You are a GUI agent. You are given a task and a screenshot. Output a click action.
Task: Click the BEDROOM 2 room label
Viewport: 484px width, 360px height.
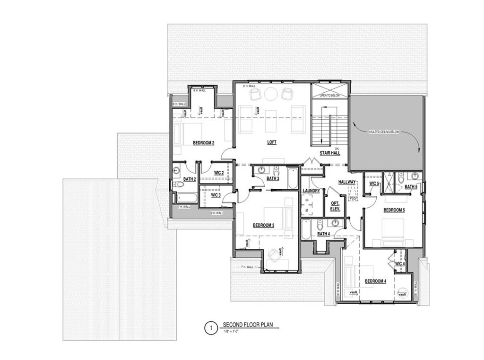tap(204, 142)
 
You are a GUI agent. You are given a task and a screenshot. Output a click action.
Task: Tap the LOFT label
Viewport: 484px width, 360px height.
tap(271, 142)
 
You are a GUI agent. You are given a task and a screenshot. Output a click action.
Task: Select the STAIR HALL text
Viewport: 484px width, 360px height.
tap(330, 153)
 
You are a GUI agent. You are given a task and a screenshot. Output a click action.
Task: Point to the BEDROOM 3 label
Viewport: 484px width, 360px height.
tap(264, 225)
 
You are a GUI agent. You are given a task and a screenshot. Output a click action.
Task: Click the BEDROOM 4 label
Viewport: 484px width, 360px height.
tap(376, 281)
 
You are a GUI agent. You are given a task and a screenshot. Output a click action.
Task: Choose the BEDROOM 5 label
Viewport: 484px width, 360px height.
tap(394, 210)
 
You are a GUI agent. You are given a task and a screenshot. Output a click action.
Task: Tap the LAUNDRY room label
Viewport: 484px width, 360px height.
tap(311, 191)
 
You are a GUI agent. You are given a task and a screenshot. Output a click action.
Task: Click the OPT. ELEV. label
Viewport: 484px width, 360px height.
tap(335, 206)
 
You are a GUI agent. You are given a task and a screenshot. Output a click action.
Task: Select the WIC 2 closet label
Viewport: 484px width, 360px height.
tap(218, 173)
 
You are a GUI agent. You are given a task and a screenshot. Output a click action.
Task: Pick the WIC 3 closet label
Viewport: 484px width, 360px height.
tap(216, 195)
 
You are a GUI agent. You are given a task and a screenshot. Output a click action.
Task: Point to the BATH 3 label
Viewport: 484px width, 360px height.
tap(273, 179)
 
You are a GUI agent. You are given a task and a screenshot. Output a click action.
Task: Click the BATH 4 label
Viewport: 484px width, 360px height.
tap(323, 234)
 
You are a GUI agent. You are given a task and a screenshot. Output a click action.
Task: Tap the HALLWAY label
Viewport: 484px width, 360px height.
tap(346, 182)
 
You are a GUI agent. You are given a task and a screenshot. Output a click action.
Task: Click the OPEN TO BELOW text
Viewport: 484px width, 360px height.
tap(329, 96)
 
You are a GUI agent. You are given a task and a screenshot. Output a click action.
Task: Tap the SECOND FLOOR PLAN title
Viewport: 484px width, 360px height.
tap(248, 325)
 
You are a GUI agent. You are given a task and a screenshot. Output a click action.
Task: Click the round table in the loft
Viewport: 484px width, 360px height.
tap(271, 94)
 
